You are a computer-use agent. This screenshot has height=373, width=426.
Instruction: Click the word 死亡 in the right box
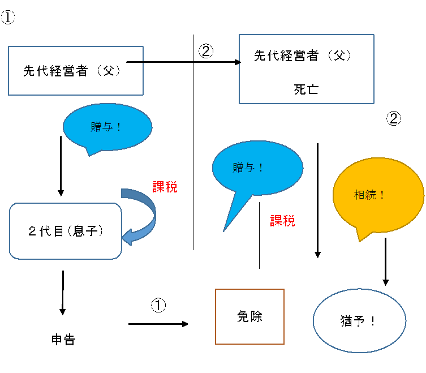tap(306, 89)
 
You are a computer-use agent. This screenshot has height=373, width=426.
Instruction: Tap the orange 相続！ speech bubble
tap(378, 195)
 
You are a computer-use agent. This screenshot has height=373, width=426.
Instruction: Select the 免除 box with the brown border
tap(249, 317)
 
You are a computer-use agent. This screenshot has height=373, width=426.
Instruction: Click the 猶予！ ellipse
tap(359, 321)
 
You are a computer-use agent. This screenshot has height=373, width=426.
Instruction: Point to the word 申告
tap(63, 340)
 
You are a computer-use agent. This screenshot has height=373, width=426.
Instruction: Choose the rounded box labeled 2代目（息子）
tap(66, 231)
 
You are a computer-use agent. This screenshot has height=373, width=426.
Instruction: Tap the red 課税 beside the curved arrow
tap(165, 187)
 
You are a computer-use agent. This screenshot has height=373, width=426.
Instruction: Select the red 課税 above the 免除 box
tap(282, 221)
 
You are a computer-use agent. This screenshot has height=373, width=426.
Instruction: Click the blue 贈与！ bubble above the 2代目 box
tap(107, 127)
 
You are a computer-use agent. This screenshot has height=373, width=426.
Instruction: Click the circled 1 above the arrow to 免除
tap(158, 305)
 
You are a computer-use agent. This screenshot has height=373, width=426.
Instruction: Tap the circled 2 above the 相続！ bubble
tap(394, 118)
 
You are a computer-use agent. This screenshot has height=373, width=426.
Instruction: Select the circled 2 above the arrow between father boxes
tap(206, 51)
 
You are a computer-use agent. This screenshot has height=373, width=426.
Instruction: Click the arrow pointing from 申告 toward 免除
tap(158, 324)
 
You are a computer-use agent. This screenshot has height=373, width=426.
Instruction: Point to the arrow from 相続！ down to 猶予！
tap(385, 261)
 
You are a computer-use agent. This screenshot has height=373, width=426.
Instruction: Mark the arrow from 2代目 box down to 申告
tap(63, 293)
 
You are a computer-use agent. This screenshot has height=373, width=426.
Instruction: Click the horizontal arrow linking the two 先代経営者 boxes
tap(184, 62)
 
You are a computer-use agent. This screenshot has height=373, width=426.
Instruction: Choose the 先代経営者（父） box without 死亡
tap(76, 71)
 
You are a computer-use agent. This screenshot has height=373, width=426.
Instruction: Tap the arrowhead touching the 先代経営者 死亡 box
tap(238, 62)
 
